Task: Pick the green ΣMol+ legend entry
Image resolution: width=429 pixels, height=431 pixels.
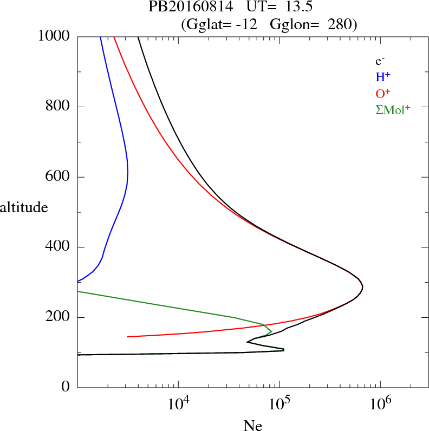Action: tap(393, 109)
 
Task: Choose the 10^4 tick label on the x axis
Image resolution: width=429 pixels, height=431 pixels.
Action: tap(179, 403)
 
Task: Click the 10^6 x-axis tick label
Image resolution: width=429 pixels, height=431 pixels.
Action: tap(380, 403)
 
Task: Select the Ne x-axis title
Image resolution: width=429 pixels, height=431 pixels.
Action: tap(252, 426)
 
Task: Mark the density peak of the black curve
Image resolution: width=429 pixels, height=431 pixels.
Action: tap(362, 287)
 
